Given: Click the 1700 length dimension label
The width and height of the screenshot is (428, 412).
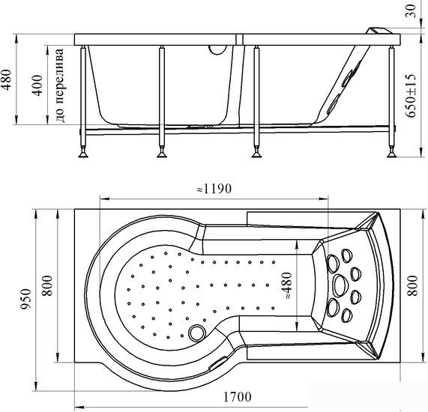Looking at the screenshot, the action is click(x=237, y=396).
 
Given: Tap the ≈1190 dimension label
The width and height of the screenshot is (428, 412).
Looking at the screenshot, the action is click(x=214, y=189).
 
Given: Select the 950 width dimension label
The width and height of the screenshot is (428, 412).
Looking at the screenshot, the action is click(x=27, y=299).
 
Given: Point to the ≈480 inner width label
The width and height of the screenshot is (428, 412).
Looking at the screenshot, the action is click(x=287, y=285).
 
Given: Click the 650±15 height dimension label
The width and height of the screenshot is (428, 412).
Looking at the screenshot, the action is click(x=411, y=95).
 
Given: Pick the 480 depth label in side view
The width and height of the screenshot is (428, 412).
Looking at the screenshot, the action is click(x=7, y=79).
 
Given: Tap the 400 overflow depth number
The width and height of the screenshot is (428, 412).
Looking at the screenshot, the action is click(x=37, y=85).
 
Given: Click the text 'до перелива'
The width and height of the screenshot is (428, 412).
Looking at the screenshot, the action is click(x=60, y=85).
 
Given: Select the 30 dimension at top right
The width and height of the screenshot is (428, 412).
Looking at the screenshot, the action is click(x=411, y=11).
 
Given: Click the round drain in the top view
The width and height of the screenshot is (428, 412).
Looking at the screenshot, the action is click(x=197, y=333).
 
